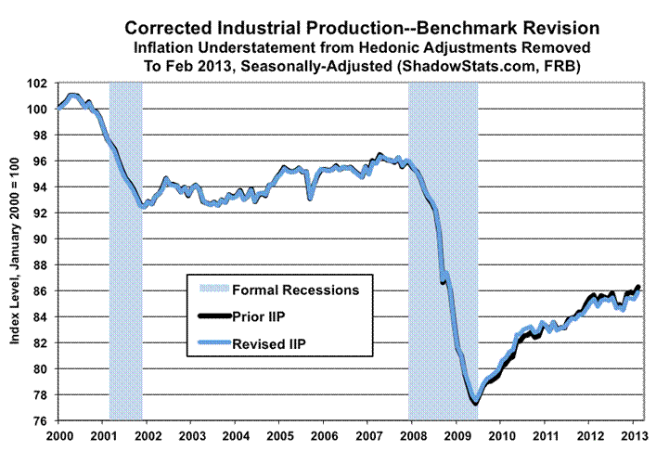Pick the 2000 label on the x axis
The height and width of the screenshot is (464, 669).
(x=58, y=435)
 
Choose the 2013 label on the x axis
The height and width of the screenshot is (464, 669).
(x=634, y=435)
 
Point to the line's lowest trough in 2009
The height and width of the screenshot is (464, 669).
(x=475, y=403)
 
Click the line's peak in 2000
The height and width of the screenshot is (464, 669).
(x=74, y=95)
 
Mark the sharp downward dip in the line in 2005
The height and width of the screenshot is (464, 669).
(x=310, y=198)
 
